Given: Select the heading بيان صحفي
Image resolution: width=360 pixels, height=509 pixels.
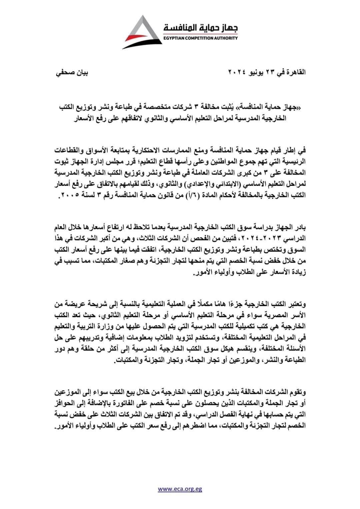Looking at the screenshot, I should (x=72, y=73).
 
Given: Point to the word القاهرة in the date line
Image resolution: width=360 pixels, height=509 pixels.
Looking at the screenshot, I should (x=294, y=73).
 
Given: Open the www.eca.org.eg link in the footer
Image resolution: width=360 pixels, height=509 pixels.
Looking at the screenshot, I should (x=180, y=489).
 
